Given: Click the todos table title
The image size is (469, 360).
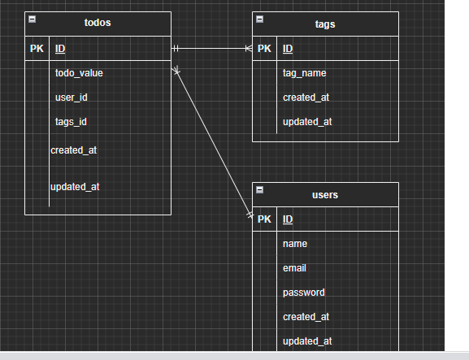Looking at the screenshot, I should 98,23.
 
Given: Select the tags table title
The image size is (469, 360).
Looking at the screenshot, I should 325,24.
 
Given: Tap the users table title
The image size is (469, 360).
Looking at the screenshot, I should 325,194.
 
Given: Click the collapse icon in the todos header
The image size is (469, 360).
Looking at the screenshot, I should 32,18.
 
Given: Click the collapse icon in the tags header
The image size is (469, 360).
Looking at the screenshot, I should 259,18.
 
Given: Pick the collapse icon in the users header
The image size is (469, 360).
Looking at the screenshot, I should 259,189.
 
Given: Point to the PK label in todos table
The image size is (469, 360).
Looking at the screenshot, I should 37,49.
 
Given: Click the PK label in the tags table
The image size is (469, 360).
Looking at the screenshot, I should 264,49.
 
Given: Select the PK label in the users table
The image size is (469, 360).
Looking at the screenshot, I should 264,219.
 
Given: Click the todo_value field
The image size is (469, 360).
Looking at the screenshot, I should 79,73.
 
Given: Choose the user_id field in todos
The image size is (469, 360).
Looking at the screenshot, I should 71,98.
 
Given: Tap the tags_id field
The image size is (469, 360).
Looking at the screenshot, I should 71,122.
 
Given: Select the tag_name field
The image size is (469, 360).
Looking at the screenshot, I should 304,73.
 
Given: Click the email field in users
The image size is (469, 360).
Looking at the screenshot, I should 294,268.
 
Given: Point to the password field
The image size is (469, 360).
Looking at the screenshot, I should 303,293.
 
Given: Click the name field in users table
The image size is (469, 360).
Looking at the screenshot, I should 294,244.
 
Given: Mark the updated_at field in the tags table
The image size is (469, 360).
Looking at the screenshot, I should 307,122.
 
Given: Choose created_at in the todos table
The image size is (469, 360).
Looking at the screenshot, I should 74,150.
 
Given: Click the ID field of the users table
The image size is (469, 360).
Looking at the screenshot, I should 288,219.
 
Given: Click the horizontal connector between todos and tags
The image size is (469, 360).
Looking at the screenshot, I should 211,49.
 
